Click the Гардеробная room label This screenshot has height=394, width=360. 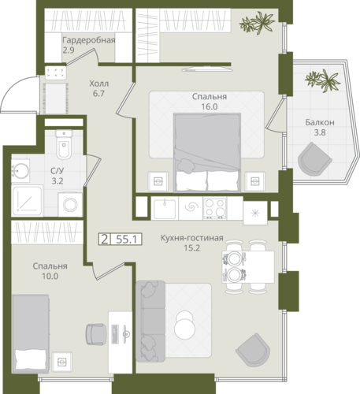(89, 40)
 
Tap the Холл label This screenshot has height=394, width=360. (98, 84)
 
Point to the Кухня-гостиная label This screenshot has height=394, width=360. (192, 238)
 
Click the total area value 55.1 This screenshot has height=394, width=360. (127, 240)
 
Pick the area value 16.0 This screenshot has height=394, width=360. (210, 106)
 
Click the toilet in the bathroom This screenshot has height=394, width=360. (64, 144)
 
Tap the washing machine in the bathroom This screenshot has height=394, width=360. (70, 205)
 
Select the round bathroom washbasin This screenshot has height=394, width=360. (20, 171)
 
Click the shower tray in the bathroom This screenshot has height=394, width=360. (27, 201)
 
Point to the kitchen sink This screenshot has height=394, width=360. (165, 209)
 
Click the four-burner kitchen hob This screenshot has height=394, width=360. (215, 209)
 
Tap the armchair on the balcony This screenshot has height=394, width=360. (314, 160)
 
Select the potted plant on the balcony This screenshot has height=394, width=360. (323, 80)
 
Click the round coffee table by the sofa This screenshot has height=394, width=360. (184, 325)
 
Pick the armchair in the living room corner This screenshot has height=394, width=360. (253, 350)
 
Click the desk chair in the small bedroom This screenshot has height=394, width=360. (96, 334)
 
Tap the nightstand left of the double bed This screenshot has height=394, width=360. (158, 181)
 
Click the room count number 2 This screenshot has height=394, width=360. (105, 240)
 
